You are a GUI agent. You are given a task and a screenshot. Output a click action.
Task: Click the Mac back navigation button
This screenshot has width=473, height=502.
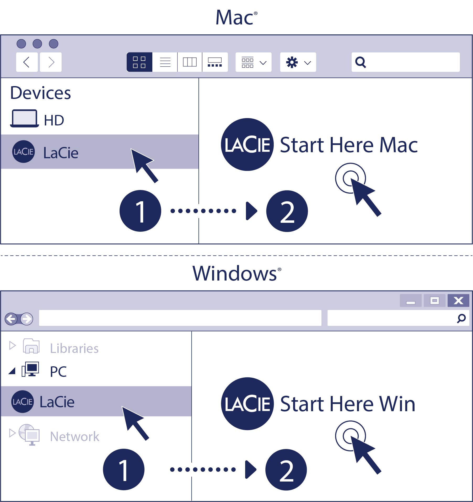27,62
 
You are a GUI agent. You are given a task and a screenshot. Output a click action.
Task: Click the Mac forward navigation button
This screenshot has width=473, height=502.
51,62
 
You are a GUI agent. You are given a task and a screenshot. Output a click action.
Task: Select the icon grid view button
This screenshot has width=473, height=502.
139,62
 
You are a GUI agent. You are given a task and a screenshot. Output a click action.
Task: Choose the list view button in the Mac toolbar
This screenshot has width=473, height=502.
165,62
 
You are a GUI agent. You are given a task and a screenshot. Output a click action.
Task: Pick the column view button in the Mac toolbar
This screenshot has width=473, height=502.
190,62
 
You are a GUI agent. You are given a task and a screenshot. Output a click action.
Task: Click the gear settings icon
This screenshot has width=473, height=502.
292,62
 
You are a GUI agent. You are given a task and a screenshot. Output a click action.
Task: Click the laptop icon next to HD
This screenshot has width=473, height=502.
24,119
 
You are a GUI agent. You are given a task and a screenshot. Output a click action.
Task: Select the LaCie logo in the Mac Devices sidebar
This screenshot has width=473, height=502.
24,152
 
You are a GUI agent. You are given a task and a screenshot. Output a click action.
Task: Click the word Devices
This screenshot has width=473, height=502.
41,93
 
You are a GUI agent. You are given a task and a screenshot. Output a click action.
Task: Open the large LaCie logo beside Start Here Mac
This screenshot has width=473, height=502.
247,145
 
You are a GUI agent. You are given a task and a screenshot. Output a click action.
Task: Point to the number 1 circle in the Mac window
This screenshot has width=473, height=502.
140,211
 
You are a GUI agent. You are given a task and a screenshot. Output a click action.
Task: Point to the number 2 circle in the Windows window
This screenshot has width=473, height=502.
286,469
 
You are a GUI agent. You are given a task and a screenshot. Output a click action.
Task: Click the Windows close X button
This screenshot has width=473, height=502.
458,300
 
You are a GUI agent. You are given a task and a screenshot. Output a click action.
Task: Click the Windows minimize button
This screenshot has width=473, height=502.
411,300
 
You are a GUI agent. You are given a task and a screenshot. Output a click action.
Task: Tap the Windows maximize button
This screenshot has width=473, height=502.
434,300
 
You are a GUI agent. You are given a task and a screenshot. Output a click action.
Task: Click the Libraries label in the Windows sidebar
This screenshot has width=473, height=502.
74,348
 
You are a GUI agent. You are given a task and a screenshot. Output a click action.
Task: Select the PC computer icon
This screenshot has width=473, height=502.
30,369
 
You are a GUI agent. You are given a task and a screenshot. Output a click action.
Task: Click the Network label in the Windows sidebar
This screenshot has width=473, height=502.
75,437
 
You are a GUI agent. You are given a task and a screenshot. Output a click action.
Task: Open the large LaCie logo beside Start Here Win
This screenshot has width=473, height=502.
247,404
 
